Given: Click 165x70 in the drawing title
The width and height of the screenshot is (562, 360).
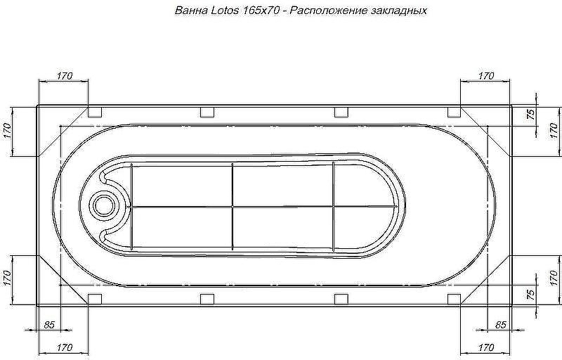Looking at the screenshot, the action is coord(260,11).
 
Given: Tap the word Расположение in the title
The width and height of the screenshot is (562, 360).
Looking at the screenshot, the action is coord(327,11).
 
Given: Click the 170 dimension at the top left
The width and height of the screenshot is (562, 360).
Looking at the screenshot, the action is coord(65,76).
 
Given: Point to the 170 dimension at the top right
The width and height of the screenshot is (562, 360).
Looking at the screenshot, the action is coord(485,76).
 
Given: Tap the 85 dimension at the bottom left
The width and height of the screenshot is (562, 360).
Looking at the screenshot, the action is coord(49,325).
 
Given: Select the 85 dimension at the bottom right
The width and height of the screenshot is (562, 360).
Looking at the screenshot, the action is coord(500,325).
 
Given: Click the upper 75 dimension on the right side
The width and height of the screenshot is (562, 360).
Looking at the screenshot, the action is coord(531,114).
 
